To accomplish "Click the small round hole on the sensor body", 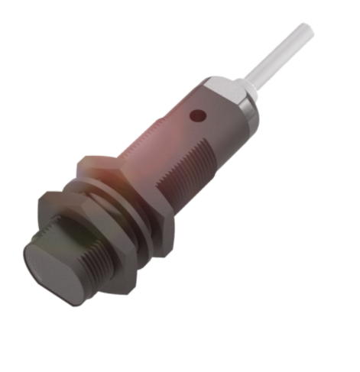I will (197, 118).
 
